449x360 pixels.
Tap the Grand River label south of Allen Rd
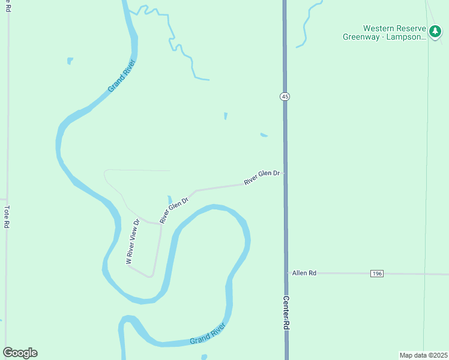pos(208,333)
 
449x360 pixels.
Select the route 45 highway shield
pos(284,97)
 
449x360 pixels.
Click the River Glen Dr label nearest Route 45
pos(262,177)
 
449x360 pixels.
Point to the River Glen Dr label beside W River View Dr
pos(174,209)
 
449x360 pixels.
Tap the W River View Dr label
pos(133,241)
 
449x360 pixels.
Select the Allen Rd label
pos(304,273)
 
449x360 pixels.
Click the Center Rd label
pos(286,313)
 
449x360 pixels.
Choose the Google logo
pos(20,353)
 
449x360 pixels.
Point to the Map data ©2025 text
pos(423,355)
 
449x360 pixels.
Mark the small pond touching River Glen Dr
pos(170,199)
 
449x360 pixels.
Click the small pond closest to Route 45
pos(264,135)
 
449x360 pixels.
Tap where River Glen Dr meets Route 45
pos(285,173)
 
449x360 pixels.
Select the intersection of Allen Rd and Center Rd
pos(286,273)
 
